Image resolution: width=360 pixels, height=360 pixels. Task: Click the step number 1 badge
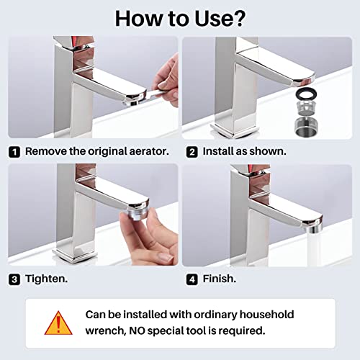point(14,152)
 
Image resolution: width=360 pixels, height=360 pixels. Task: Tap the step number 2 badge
point(192,152)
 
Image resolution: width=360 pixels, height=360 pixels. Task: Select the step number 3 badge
point(14,279)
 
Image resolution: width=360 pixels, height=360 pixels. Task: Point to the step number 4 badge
point(192,279)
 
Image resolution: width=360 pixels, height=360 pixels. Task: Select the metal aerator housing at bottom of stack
point(307,127)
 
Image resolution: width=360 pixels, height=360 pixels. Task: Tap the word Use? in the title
point(220,19)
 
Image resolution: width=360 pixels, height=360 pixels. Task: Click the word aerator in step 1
point(149,151)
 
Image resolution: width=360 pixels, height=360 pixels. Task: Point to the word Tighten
point(47,279)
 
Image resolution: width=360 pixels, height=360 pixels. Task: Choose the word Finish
point(220,279)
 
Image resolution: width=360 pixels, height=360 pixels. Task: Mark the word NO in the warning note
point(137,330)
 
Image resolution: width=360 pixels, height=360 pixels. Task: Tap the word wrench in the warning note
point(106,331)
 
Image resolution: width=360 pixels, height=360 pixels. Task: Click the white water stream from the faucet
point(314,250)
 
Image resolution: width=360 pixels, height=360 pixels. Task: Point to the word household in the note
point(267,315)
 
